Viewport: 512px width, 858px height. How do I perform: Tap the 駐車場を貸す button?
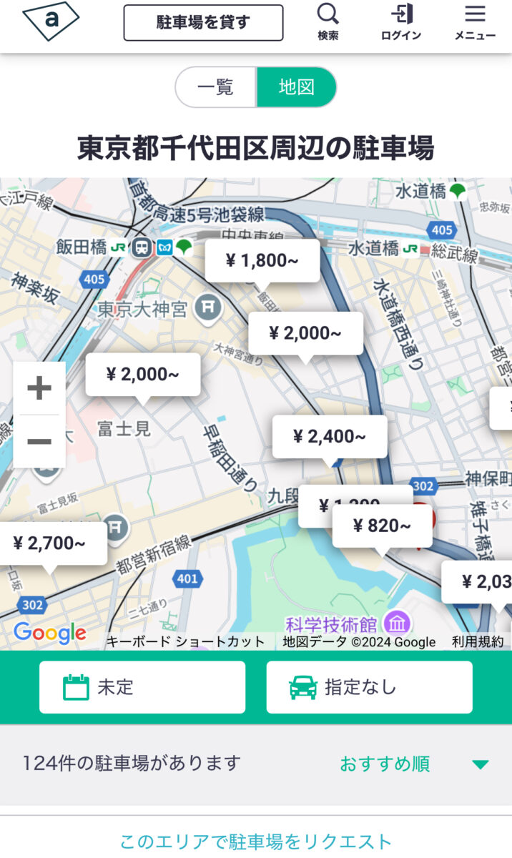pyautogui.click(x=203, y=23)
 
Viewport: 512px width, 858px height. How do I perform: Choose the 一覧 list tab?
pyautogui.click(x=215, y=87)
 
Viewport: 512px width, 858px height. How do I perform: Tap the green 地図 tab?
pyautogui.click(x=296, y=87)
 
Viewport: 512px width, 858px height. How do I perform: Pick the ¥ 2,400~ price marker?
pyautogui.click(x=329, y=436)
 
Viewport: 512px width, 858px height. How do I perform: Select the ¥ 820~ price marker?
pyautogui.click(x=382, y=526)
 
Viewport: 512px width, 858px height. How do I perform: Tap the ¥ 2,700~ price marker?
pyautogui.click(x=49, y=543)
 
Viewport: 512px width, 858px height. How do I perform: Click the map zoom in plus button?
pyautogui.click(x=39, y=388)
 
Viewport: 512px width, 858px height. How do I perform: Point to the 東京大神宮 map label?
pyautogui.click(x=142, y=309)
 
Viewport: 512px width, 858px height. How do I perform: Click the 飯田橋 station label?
pyautogui.click(x=82, y=247)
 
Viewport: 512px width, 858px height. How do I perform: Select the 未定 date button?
pyautogui.click(x=142, y=687)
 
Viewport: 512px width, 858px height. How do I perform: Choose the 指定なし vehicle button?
pyautogui.click(x=369, y=687)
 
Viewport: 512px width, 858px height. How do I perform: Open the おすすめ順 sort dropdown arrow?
pyautogui.click(x=481, y=764)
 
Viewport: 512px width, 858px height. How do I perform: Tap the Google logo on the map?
pyautogui.click(x=49, y=633)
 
